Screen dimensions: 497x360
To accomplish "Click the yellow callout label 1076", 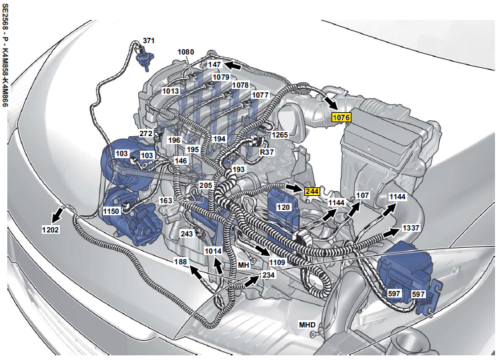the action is click(x=342, y=118).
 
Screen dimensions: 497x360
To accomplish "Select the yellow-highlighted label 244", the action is click(x=312, y=191).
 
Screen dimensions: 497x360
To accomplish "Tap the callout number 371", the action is click(x=149, y=41).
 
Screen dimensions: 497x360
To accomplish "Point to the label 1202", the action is click(x=50, y=229).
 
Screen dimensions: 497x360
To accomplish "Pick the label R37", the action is click(x=266, y=152).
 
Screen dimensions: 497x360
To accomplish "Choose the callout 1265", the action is click(x=280, y=135).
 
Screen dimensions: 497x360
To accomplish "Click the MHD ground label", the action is click(x=307, y=325).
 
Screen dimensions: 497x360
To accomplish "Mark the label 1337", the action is click(x=411, y=228).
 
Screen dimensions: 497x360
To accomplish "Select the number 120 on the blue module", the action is click(x=283, y=207).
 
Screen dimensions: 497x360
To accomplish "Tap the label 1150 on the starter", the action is click(x=111, y=211).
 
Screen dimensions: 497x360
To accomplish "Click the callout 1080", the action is click(x=186, y=52).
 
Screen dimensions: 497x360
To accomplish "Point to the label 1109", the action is click(x=277, y=262).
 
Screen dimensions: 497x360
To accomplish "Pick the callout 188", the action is click(x=180, y=262).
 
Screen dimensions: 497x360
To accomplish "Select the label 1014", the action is click(x=213, y=251).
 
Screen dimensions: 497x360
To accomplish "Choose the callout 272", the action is click(x=146, y=134).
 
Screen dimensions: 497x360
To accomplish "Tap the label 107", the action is click(x=363, y=195).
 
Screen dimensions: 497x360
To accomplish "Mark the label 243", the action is click(x=187, y=234).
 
